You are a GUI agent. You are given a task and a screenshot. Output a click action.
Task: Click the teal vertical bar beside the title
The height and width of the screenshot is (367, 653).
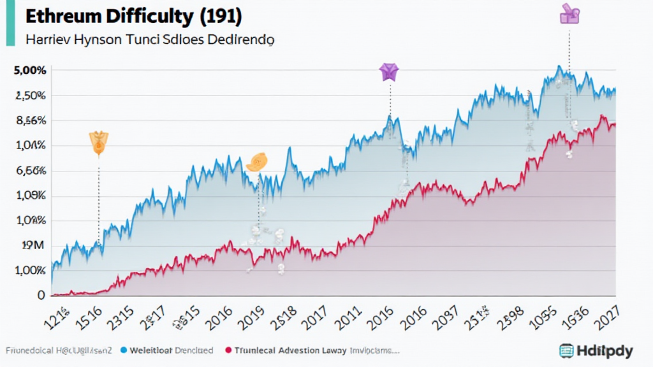click(10, 22)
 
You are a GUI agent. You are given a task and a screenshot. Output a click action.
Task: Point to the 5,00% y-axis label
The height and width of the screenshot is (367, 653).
click(30, 71)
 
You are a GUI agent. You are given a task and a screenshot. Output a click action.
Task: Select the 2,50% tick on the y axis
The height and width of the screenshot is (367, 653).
click(30, 96)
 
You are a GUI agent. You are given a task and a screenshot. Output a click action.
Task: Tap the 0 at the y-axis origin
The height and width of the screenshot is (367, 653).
click(41, 296)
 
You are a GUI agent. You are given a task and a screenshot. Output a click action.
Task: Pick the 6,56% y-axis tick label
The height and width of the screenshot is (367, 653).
click(30, 171)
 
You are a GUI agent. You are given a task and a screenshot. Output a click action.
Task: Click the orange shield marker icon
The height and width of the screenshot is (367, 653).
click(99, 143)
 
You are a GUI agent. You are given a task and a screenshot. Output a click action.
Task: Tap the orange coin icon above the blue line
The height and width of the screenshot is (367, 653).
click(256, 162)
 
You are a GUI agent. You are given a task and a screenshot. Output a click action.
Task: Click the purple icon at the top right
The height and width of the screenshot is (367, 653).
click(569, 13)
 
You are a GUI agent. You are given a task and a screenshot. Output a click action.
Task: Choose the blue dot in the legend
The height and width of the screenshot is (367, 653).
click(124, 350)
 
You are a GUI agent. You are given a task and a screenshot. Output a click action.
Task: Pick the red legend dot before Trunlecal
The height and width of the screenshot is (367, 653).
click(229, 350)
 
